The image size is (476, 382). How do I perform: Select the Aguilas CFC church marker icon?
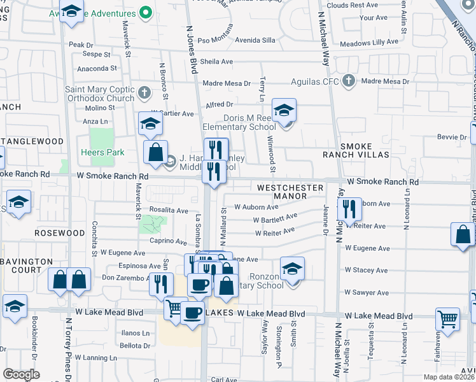point(348,81)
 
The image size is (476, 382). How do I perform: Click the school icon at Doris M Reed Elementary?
point(284,110)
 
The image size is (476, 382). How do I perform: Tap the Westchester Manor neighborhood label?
point(290,192)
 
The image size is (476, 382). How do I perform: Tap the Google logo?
point(22,374)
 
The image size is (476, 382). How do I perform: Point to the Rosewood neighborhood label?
point(59,233)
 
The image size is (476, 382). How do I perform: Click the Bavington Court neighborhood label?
point(27,265)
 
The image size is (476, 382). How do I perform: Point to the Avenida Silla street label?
point(255,39)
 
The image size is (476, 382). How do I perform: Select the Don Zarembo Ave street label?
point(125,278)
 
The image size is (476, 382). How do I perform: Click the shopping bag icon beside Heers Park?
point(155,152)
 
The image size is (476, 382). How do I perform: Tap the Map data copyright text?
point(449,377)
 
